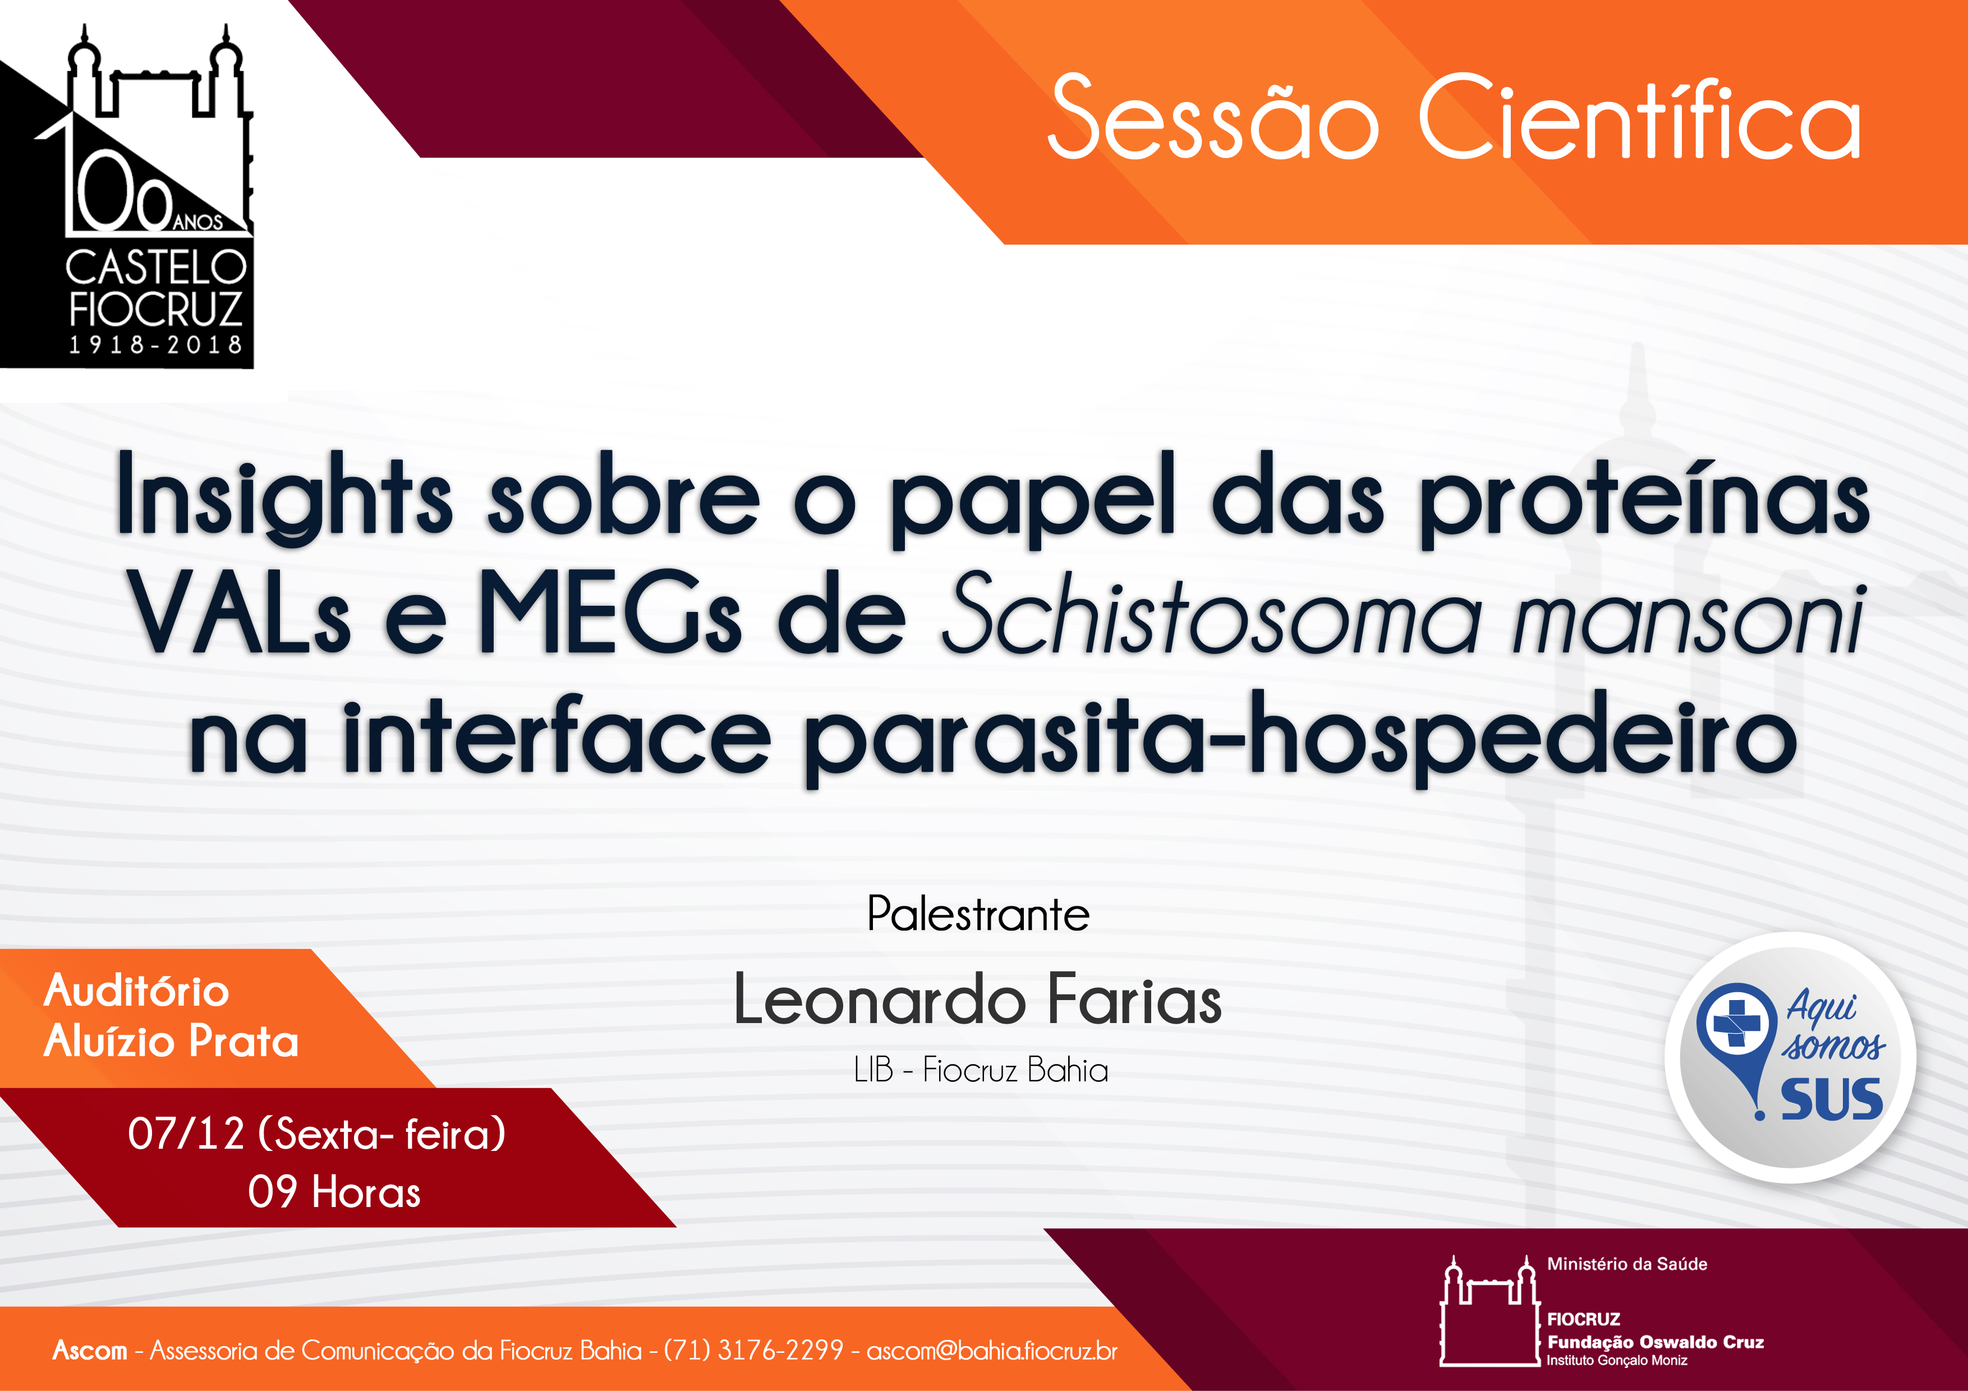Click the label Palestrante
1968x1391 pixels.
tap(978, 914)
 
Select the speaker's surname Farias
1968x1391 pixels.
tap(1135, 1000)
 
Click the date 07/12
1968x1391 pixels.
tap(186, 1134)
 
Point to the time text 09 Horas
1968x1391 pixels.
tap(334, 1191)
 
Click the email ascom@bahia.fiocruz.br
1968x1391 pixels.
tap(992, 1351)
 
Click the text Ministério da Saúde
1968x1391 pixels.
tap(1627, 1264)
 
